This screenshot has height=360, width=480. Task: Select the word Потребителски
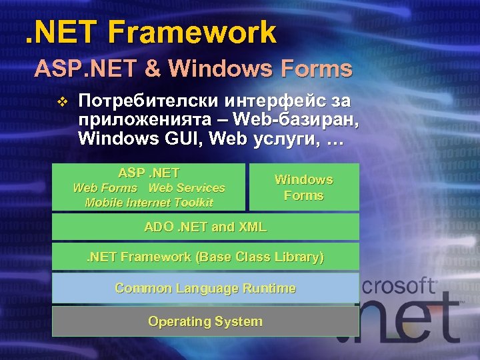click(x=140, y=101)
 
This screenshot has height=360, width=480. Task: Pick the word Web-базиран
click(x=291, y=121)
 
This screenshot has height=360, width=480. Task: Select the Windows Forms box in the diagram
click(x=304, y=187)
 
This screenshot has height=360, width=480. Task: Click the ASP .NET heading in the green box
click(x=149, y=173)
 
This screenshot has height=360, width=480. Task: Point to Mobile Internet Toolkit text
click(x=149, y=203)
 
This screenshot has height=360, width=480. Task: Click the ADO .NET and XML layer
click(x=205, y=227)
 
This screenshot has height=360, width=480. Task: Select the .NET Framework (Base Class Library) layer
click(x=205, y=257)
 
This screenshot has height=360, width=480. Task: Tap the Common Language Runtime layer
click(x=205, y=288)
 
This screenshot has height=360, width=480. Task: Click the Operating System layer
click(x=205, y=321)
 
